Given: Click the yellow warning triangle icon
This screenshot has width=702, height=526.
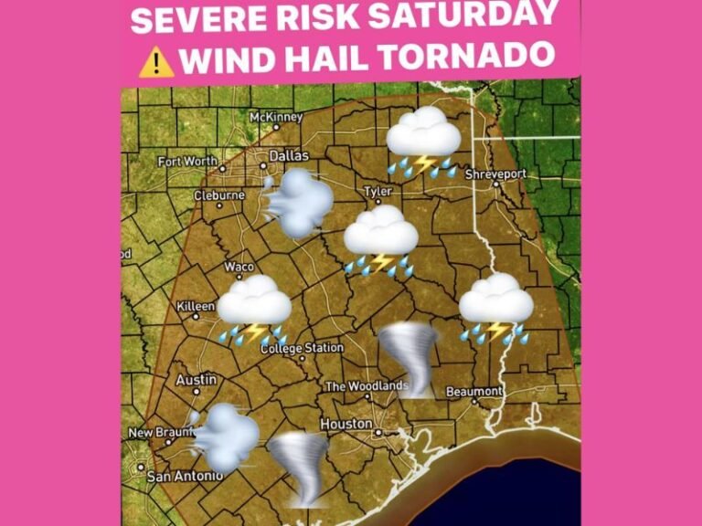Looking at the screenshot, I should pos(155,59).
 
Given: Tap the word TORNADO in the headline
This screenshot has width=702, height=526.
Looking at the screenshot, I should pos(469,58).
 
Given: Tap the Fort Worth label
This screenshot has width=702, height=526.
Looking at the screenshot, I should pos(187,162).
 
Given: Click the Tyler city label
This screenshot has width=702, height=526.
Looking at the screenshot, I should pos(377,192).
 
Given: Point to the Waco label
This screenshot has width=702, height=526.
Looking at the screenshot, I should pos(239,267).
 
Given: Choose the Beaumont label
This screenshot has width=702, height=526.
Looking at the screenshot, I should pos(473,392).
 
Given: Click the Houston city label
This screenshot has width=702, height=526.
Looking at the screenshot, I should pos(346,425).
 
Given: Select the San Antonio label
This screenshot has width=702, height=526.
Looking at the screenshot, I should pos(185,476).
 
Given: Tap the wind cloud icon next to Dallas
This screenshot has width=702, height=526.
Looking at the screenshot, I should pos(296,203).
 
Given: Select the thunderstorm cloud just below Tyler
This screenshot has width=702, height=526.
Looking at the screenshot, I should pos(380,240).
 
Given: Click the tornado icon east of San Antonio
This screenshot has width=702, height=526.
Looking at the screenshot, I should pos(298,468).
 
